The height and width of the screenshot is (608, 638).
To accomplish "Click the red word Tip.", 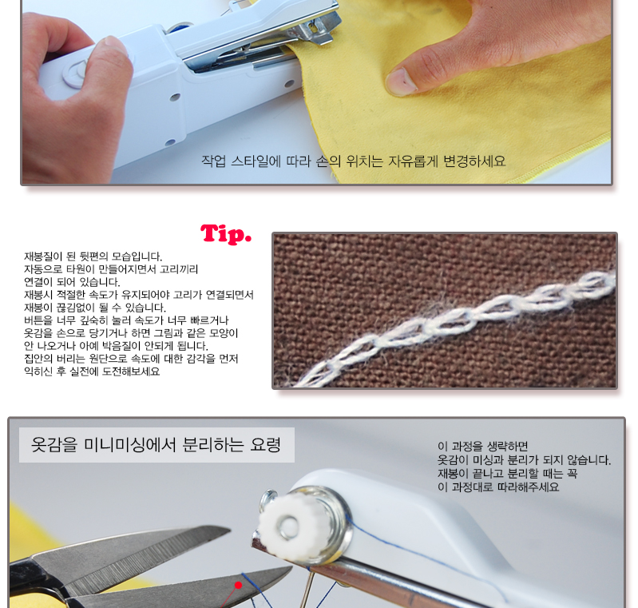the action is [226, 235].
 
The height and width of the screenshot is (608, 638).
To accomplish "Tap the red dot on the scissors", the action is [239, 585].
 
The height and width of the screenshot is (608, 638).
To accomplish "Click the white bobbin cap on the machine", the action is [286, 526].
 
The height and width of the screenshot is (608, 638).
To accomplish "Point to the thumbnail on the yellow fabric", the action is [401, 81].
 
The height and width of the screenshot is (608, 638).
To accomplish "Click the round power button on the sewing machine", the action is [76, 74].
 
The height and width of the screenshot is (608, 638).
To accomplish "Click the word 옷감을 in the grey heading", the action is [54, 444].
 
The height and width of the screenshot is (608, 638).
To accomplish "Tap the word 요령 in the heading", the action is [265, 444].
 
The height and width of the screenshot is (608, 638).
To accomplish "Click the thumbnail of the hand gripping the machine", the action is [115, 46].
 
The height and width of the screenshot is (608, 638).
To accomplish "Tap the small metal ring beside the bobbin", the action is [267, 499].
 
